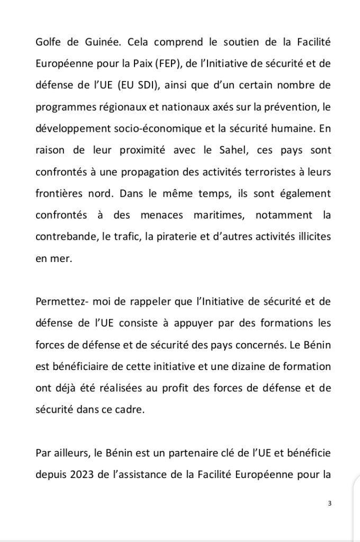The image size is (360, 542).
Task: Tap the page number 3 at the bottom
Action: (x=330, y=503)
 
